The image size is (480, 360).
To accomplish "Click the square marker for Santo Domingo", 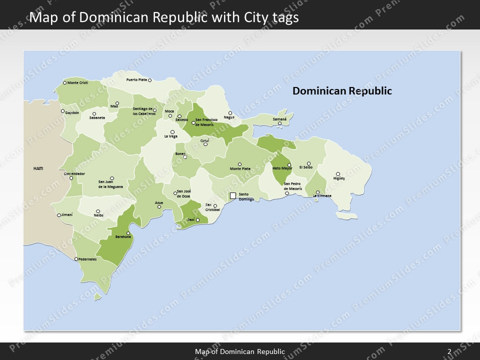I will click(232, 195).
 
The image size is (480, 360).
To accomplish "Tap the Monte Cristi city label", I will click(77, 82).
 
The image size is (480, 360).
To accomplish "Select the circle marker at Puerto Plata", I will click(149, 80).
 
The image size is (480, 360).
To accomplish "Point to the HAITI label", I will click(38, 168).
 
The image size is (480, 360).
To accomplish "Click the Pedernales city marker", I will click(76, 259).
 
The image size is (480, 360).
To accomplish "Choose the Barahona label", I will click(123, 236).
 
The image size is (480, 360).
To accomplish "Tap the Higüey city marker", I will click(338, 174).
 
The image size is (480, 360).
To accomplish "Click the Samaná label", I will click(279, 119).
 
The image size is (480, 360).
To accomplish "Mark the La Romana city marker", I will click(317, 192).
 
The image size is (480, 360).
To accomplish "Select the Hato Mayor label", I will click(282, 168).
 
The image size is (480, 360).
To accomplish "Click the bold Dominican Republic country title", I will click(342, 91).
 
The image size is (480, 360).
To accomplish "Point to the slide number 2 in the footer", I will click(449, 352).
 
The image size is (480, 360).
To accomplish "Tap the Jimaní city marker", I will click(59, 215).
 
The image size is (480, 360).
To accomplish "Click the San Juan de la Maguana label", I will click(110, 184).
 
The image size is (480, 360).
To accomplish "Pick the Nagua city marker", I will click(230, 113).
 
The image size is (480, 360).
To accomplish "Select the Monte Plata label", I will click(240, 168).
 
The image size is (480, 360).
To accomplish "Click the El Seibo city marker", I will click(308, 163).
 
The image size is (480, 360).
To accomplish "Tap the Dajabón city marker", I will click(63, 111).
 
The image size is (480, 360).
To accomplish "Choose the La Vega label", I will click(170, 136).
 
